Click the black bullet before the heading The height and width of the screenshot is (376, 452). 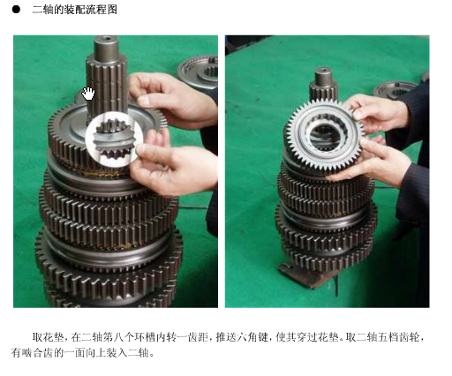coord(16,10)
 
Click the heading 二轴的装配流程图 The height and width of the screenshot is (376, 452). coord(74,10)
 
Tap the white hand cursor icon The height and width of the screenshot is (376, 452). coord(88,94)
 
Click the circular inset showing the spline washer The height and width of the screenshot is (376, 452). coord(114,139)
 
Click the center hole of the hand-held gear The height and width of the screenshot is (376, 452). coord(325,137)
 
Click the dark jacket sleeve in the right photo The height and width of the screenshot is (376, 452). coord(412,165)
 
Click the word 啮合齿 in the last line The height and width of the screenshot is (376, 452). coord(38,352)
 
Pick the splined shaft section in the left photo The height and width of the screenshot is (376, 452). coord(107,86)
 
